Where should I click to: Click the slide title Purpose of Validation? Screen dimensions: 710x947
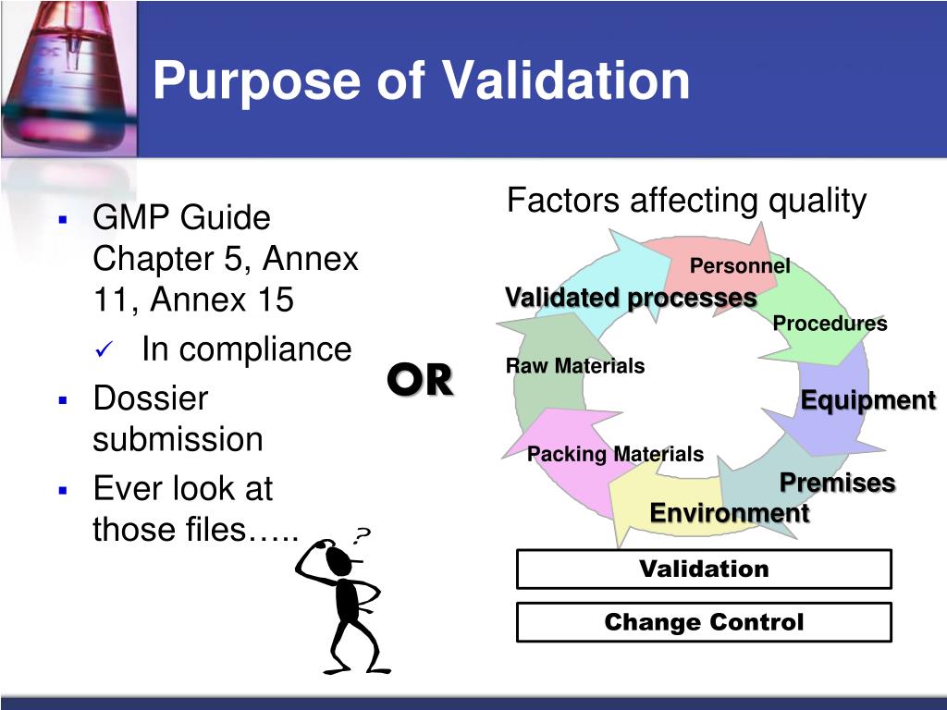421,80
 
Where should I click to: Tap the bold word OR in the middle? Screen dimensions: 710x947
420,379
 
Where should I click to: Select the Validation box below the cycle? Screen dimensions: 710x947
704,569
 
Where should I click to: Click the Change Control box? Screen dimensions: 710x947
704,622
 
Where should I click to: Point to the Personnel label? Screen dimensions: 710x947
740,266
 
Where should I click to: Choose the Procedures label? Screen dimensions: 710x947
830,324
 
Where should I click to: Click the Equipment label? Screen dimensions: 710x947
867,400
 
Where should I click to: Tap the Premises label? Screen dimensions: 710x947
837,483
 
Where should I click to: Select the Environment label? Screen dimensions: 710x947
729,512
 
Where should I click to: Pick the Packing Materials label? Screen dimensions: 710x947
615,454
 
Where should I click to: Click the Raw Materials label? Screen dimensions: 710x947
574,366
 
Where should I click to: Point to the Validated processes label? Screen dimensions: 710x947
631,298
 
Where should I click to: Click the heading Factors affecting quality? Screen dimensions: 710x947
686,201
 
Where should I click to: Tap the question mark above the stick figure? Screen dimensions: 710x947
362,535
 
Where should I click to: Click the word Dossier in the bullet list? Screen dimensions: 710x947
151,399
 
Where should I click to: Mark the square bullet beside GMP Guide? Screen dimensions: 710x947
63,220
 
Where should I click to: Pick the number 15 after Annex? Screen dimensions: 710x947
273,300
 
